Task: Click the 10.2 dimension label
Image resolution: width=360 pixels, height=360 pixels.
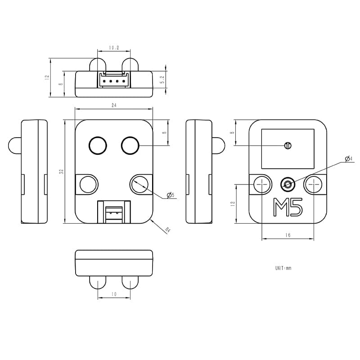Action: pos(114,47)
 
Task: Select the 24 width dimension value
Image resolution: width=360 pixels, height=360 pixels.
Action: pos(114,105)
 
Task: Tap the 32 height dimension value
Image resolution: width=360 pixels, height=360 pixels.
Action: pos(61,171)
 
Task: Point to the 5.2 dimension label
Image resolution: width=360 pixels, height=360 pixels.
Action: pos(162,80)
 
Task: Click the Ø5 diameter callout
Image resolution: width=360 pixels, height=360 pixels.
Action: pos(171,195)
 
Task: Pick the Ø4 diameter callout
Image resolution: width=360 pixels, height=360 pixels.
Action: pos(348,158)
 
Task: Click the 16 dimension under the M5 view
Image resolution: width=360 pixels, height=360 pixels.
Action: pos(288,235)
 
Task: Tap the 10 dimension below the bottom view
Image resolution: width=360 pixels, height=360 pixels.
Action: pos(114,294)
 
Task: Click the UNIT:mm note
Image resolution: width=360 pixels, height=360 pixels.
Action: pos(283,268)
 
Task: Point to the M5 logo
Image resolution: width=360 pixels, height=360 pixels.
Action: pos(288,208)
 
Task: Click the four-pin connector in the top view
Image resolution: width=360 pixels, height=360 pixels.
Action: pos(114,81)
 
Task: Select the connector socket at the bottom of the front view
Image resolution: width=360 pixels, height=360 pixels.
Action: pos(114,211)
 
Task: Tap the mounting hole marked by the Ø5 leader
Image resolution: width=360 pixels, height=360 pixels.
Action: pos(139,184)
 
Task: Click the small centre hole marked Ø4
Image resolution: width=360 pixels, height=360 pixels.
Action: pos(288,184)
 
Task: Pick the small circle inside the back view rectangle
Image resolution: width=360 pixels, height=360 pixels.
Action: pos(288,145)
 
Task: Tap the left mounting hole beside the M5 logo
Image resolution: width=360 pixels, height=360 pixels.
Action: pos(262,184)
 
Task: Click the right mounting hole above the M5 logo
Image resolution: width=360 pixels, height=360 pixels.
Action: pos(313,184)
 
